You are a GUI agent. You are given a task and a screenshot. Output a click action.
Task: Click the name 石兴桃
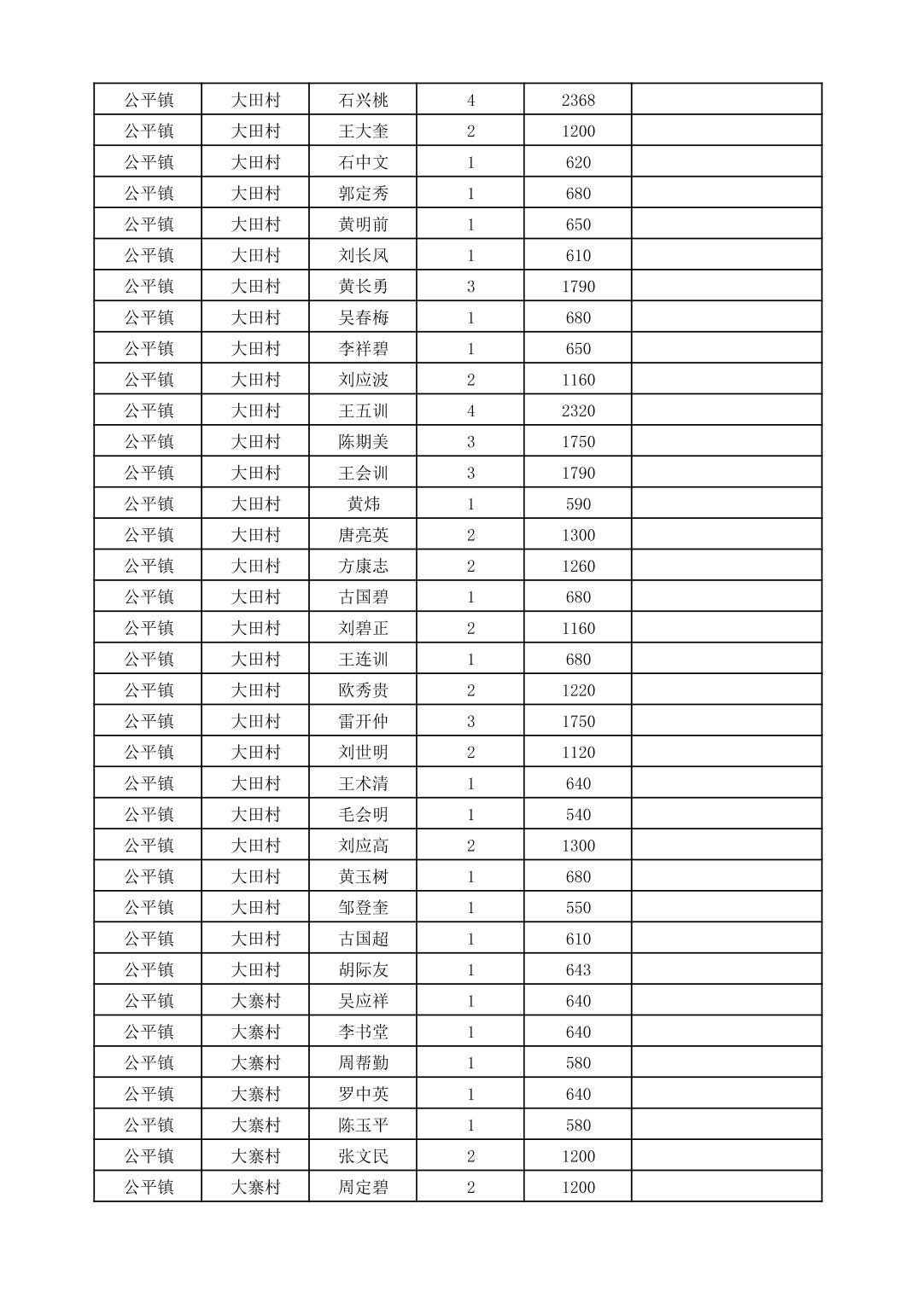pos(363,100)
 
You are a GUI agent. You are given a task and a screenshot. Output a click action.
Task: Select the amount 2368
pos(578,100)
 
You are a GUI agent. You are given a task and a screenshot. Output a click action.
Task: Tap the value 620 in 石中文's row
pos(578,162)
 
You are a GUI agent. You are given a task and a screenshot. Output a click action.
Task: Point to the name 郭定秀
pos(363,193)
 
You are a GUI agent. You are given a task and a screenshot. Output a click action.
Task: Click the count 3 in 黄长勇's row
pos(470,286)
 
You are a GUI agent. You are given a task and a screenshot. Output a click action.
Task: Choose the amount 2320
pos(578,410)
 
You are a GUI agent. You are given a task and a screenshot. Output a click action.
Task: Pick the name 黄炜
pos(363,503)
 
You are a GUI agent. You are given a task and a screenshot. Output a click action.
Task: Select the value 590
pos(578,503)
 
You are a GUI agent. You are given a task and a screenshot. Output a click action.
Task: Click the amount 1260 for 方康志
pos(578,566)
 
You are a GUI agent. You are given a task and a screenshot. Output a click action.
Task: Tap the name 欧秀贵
pos(363,690)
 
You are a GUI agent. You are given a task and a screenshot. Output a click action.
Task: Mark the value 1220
pos(578,690)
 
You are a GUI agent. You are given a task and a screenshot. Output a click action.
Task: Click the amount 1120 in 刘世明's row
pos(578,752)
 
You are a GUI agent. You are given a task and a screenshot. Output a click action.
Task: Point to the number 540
pos(578,814)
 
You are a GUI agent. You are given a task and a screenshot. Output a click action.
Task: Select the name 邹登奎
pos(363,907)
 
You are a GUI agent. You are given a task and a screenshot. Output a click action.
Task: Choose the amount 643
pos(578,969)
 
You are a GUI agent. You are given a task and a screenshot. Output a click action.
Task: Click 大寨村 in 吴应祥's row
pos(255,1000)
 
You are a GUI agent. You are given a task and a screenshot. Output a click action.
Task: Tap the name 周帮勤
pos(363,1062)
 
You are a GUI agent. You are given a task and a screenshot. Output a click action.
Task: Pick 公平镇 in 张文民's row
pos(149,1156)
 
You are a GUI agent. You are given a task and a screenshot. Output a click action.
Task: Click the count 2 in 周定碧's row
pos(470,1187)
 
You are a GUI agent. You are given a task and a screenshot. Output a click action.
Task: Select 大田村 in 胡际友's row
pos(255,969)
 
